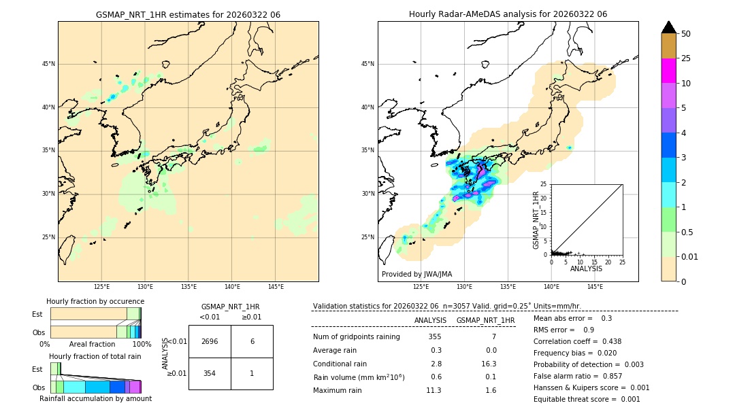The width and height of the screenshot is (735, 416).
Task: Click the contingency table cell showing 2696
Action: [210, 341]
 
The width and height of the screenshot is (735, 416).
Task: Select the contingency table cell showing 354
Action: [210, 374]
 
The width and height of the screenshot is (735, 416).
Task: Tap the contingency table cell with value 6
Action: [252, 341]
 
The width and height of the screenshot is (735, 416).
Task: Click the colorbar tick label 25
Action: [687, 58]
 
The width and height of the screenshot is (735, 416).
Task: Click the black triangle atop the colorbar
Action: [669, 27]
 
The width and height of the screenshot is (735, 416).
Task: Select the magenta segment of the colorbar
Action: [669, 71]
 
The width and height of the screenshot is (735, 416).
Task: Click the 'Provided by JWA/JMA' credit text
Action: [416, 274]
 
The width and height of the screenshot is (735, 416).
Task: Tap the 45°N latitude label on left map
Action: [48, 64]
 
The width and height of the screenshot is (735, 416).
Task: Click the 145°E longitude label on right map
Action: [595, 287]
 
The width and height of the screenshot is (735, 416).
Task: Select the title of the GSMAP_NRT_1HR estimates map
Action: [188, 14]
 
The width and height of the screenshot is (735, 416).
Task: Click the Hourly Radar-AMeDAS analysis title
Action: [508, 14]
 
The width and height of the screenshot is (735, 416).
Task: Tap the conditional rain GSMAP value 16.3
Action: [488, 364]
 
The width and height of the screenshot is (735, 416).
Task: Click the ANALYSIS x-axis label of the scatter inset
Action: [586, 268]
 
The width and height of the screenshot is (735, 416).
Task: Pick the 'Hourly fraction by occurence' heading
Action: [95, 301]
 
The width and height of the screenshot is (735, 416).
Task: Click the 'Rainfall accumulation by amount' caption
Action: [95, 398]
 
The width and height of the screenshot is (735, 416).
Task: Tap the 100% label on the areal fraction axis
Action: [142, 344]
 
